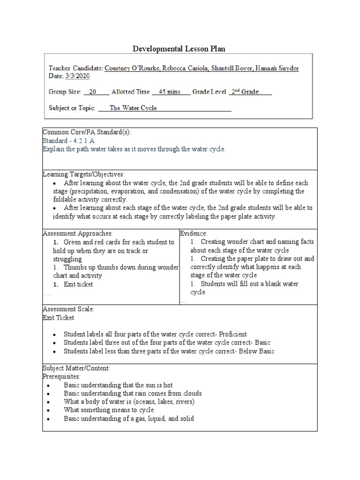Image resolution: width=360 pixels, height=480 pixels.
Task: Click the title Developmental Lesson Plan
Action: [180, 48]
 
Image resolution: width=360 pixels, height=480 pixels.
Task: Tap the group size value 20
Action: [93, 92]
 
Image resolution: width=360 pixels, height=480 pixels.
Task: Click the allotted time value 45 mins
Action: [169, 92]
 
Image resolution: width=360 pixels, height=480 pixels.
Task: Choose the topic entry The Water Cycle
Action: [133, 108]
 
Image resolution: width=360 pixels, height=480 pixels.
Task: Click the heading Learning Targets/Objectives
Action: [84, 174]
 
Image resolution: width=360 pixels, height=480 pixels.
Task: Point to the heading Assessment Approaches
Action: [78, 233]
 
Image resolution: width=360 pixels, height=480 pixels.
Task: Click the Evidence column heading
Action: [194, 233]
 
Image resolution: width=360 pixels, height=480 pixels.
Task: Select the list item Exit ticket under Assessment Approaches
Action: [78, 284]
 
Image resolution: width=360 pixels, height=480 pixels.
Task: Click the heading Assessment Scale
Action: [68, 309]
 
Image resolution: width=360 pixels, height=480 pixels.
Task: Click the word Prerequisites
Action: [62, 376]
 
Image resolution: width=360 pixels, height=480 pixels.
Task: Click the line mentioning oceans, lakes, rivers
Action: [129, 402]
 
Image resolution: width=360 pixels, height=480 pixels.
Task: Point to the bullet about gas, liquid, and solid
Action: [129, 419]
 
